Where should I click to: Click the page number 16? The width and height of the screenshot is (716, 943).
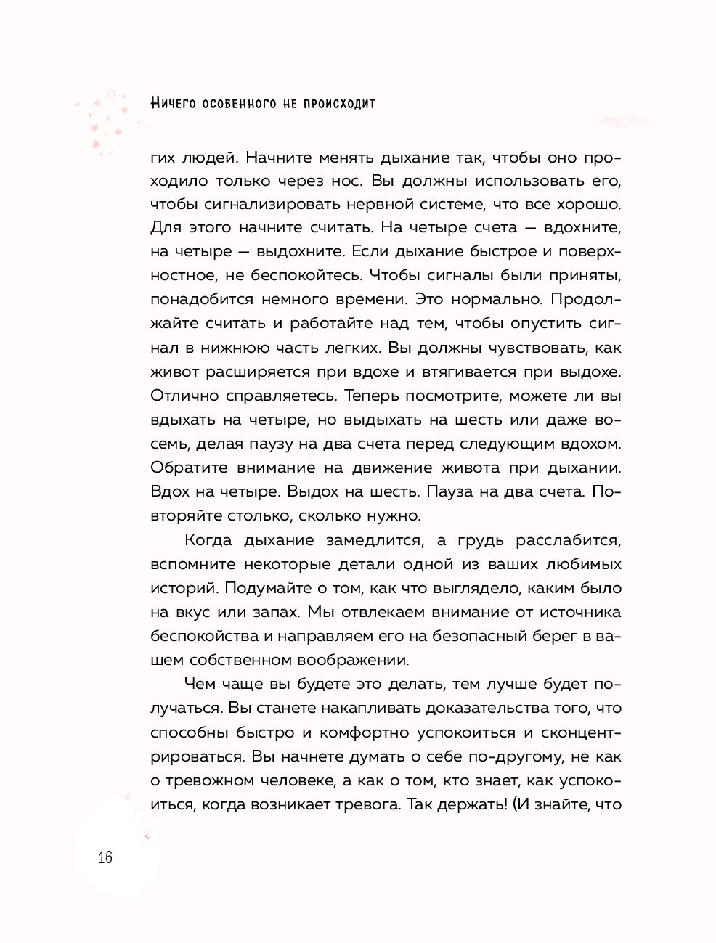click(105, 857)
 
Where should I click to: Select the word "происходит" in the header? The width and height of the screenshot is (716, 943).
click(339, 103)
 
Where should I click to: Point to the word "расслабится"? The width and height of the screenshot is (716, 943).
click(568, 540)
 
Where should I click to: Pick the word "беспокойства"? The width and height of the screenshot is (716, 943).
click(204, 636)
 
